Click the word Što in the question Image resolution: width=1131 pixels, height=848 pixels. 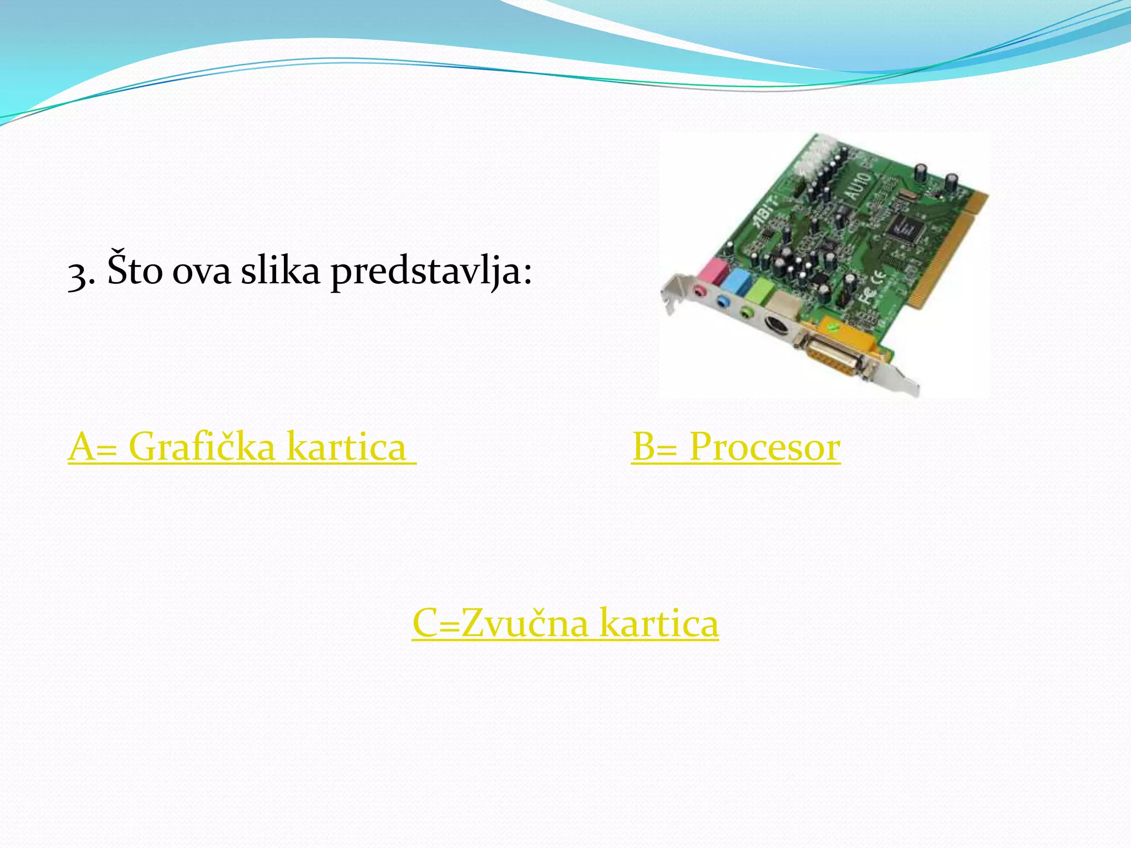(x=135, y=270)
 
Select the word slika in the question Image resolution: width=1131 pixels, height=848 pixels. (x=281, y=270)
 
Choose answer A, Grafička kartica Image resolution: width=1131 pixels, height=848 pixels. (x=242, y=447)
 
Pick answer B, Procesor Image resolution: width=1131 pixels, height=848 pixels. (x=736, y=447)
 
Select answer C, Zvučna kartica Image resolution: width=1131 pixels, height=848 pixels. (x=565, y=623)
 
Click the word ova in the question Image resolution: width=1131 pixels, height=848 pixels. (x=201, y=273)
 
